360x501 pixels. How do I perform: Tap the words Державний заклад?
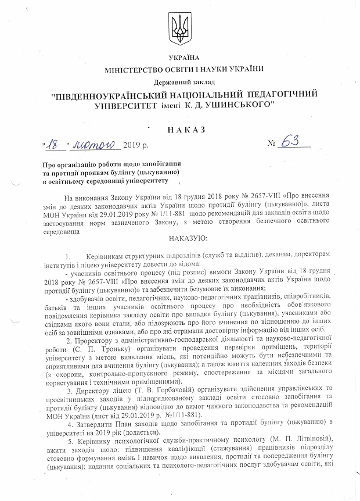tap(183, 81)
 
